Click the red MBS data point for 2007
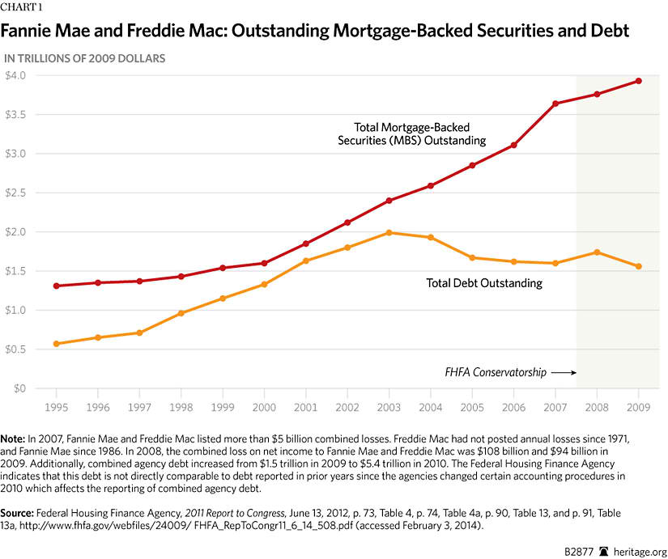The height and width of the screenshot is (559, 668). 555,104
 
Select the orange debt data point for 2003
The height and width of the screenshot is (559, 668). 389,233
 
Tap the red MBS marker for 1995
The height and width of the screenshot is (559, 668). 56,286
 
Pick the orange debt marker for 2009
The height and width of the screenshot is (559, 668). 639,266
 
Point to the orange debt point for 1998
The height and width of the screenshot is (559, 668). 181,313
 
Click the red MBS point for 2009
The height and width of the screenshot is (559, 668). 639,81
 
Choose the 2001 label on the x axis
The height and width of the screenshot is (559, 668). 305,406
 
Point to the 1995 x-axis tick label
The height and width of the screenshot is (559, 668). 56,406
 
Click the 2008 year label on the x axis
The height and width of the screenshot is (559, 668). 597,406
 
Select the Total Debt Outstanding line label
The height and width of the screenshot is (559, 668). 484,284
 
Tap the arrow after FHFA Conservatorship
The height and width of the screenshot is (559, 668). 563,373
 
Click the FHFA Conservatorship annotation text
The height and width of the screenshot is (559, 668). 495,373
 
